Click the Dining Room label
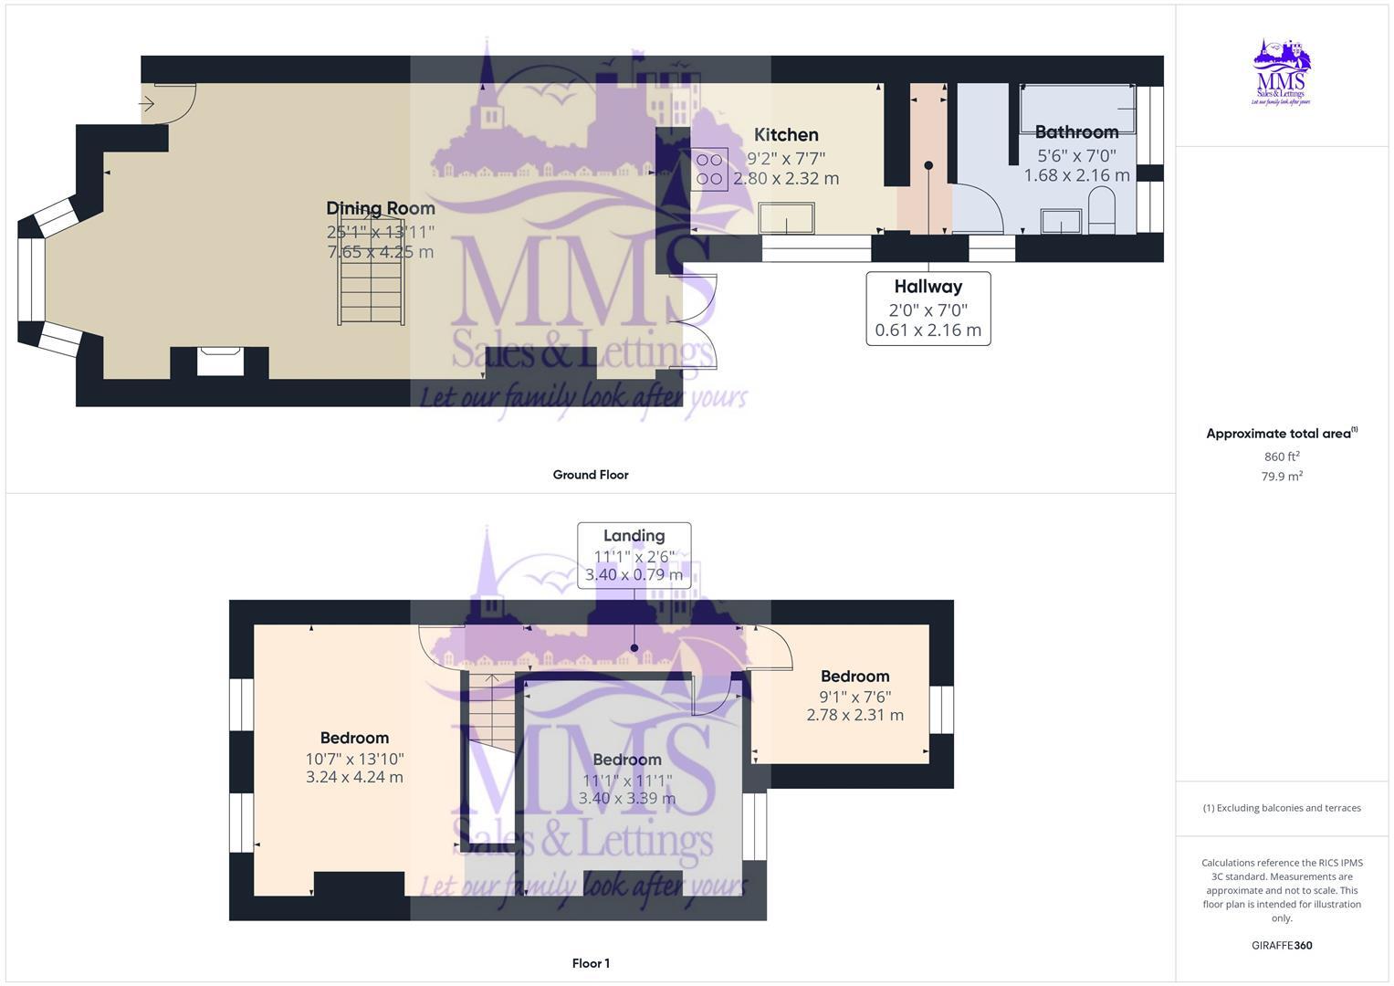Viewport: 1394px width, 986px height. tap(381, 208)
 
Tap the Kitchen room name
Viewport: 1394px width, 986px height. tap(786, 135)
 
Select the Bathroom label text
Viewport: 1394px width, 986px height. tap(1076, 132)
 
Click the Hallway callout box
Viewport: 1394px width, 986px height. tap(928, 308)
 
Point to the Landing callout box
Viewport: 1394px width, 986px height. tap(634, 555)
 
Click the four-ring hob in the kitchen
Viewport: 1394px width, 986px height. tap(709, 169)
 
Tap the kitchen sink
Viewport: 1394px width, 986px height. tap(787, 219)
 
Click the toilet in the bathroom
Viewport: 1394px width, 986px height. tap(1102, 210)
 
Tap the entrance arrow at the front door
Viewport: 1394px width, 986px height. tap(147, 105)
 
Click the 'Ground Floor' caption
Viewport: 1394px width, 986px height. tap(591, 475)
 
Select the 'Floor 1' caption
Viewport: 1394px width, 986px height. tap(591, 963)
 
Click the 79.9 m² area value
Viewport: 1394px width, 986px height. tap(1282, 477)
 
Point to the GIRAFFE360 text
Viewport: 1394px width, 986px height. tap(1282, 946)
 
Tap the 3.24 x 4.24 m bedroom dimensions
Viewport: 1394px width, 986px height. tap(354, 778)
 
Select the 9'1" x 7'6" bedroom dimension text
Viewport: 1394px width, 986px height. tap(854, 697)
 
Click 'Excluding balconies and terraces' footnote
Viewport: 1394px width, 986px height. tap(1282, 808)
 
